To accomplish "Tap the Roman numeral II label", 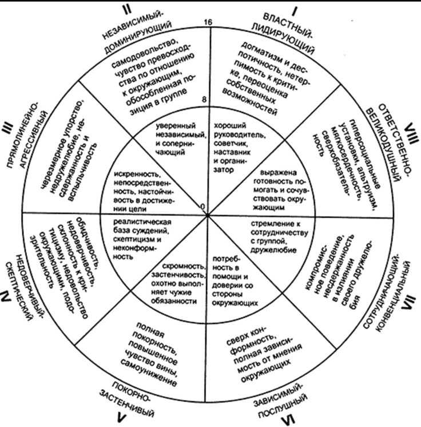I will coord(129,10).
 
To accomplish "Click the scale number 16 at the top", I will coord(208,22).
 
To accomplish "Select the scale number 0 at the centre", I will coord(202,206).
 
